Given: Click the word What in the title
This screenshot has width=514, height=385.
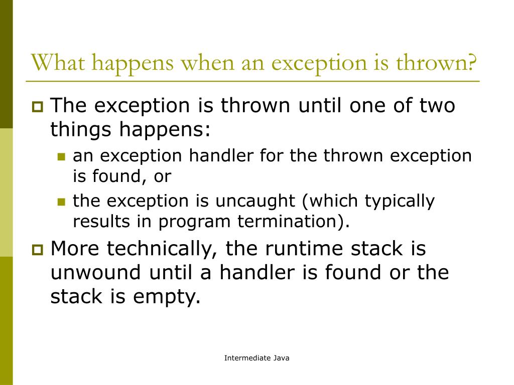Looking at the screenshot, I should (x=60, y=64).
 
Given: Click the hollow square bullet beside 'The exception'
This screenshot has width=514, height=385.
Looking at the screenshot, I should (x=38, y=107).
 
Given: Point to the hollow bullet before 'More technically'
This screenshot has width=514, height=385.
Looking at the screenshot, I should (x=38, y=249).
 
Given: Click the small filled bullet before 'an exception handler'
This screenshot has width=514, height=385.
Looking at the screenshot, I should (x=62, y=157).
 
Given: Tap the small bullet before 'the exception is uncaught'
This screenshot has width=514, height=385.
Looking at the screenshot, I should (x=62, y=202).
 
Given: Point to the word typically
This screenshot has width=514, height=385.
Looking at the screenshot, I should (x=400, y=201).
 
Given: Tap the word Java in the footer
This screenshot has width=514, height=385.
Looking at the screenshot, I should (x=281, y=358).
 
